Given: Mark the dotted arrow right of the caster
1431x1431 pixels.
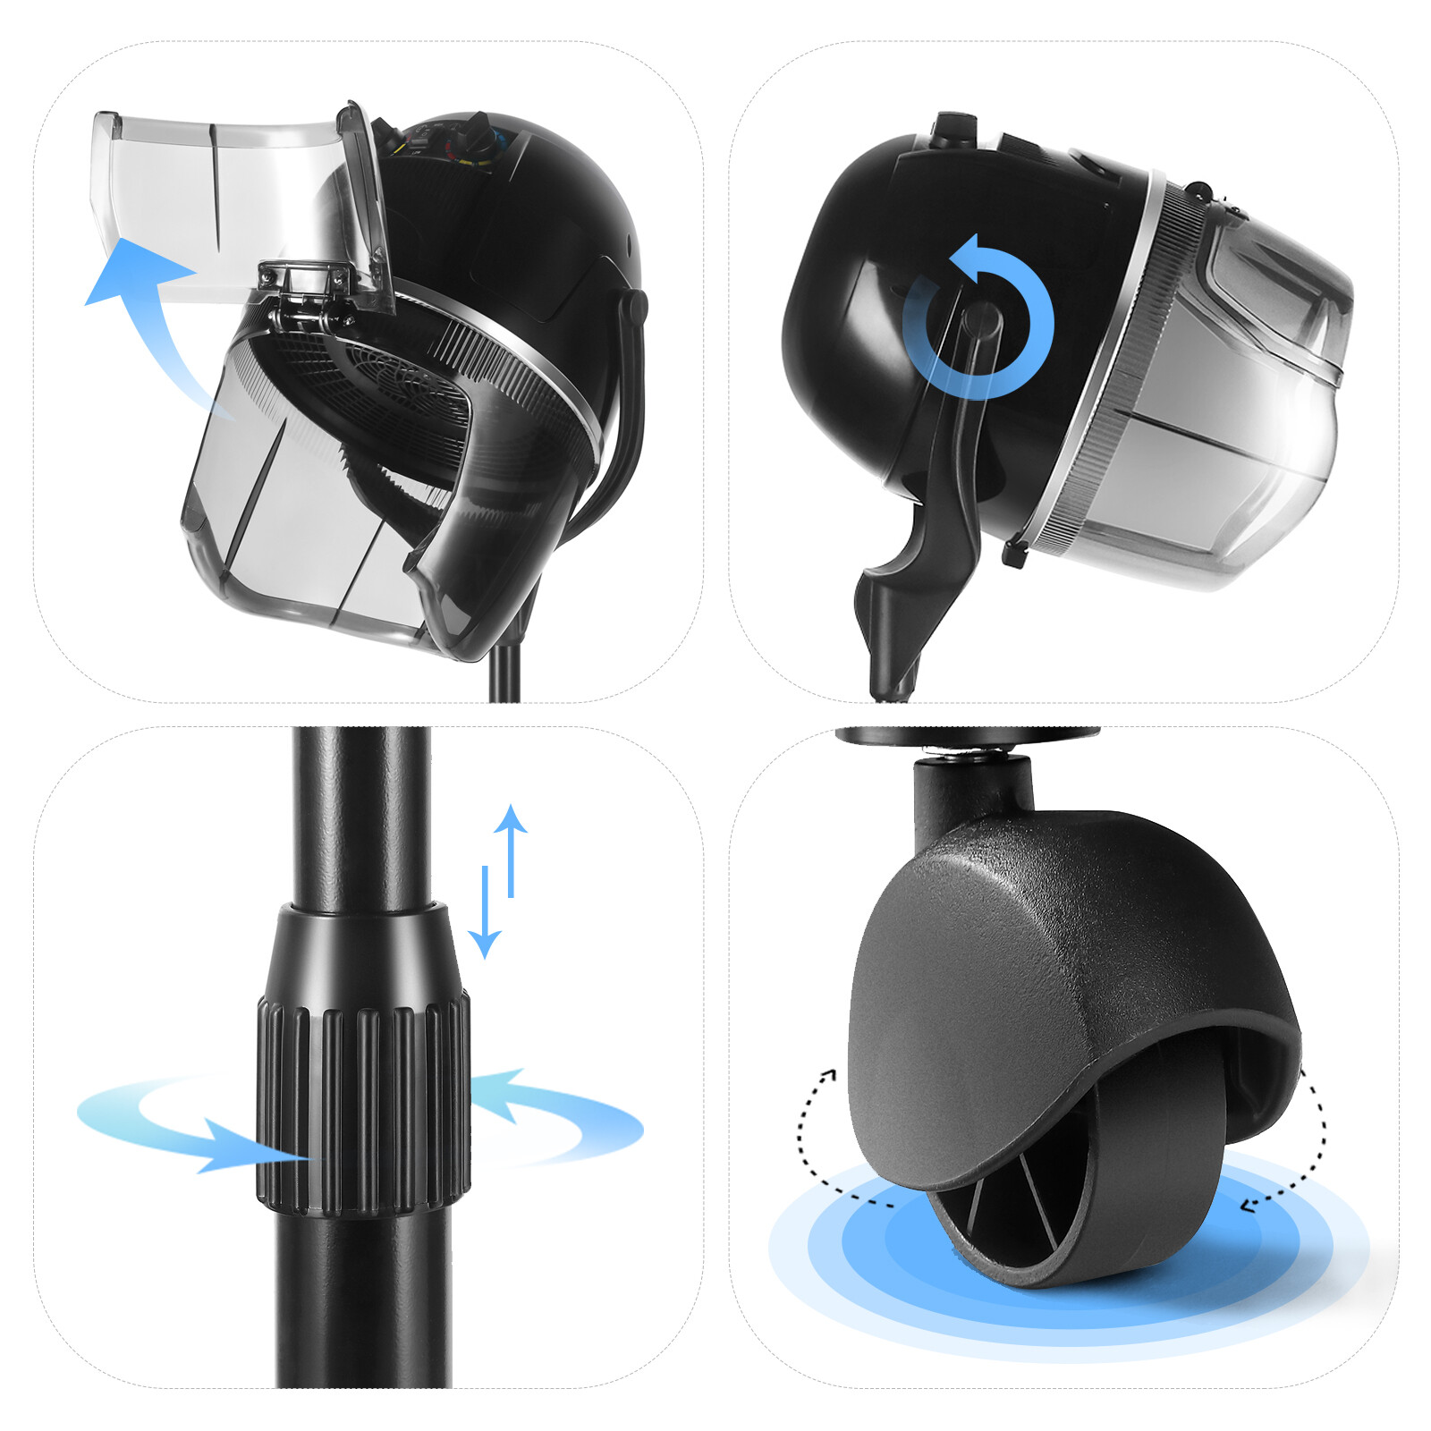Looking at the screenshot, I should point(1301,1145).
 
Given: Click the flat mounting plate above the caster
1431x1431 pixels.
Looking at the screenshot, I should point(966,736).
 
